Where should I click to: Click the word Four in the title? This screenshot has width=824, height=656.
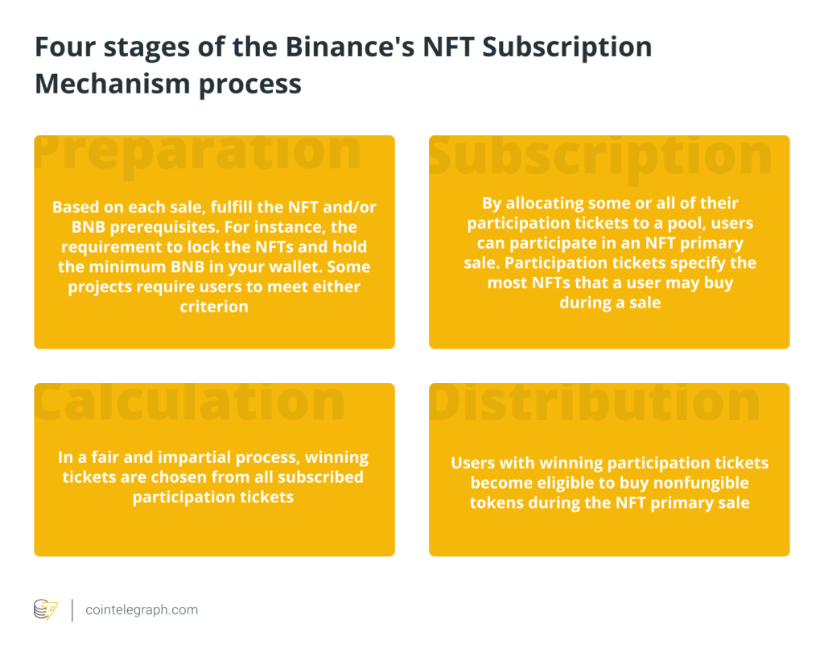(66, 47)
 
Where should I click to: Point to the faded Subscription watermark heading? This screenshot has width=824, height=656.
(600, 156)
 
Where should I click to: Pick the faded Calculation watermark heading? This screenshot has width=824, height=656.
(189, 402)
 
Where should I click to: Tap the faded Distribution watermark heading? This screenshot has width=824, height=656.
(595, 402)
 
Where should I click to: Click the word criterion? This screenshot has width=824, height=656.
(214, 307)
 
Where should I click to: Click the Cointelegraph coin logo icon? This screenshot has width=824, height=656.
(46, 610)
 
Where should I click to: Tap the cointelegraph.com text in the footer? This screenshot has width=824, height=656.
(142, 610)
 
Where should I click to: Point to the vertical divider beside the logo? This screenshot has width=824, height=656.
(72, 610)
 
